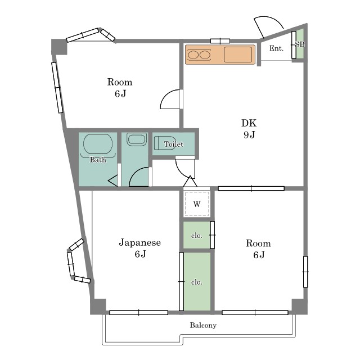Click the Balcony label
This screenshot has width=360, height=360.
[203, 325]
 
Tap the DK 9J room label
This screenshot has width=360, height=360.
[249, 129]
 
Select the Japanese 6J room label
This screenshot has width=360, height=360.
[140, 248]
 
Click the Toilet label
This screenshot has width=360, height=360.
[174, 144]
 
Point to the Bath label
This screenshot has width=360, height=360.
[98, 160]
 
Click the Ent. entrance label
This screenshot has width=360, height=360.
[276, 48]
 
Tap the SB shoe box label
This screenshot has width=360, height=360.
[300, 44]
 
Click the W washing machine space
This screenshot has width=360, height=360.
[197, 204]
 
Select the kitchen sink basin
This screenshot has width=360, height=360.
[238, 55]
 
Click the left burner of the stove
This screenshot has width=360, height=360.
[193, 55]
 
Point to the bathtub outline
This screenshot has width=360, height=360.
[98, 144]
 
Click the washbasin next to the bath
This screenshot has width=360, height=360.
[137, 139]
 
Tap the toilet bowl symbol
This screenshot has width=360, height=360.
[165, 143]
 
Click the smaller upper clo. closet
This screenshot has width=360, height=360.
[197, 235]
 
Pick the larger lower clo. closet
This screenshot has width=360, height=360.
[197, 281]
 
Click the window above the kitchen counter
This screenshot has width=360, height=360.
[220, 41]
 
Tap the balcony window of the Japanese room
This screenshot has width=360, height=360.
[139, 313]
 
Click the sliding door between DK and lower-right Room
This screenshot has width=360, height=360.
[251, 188]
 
